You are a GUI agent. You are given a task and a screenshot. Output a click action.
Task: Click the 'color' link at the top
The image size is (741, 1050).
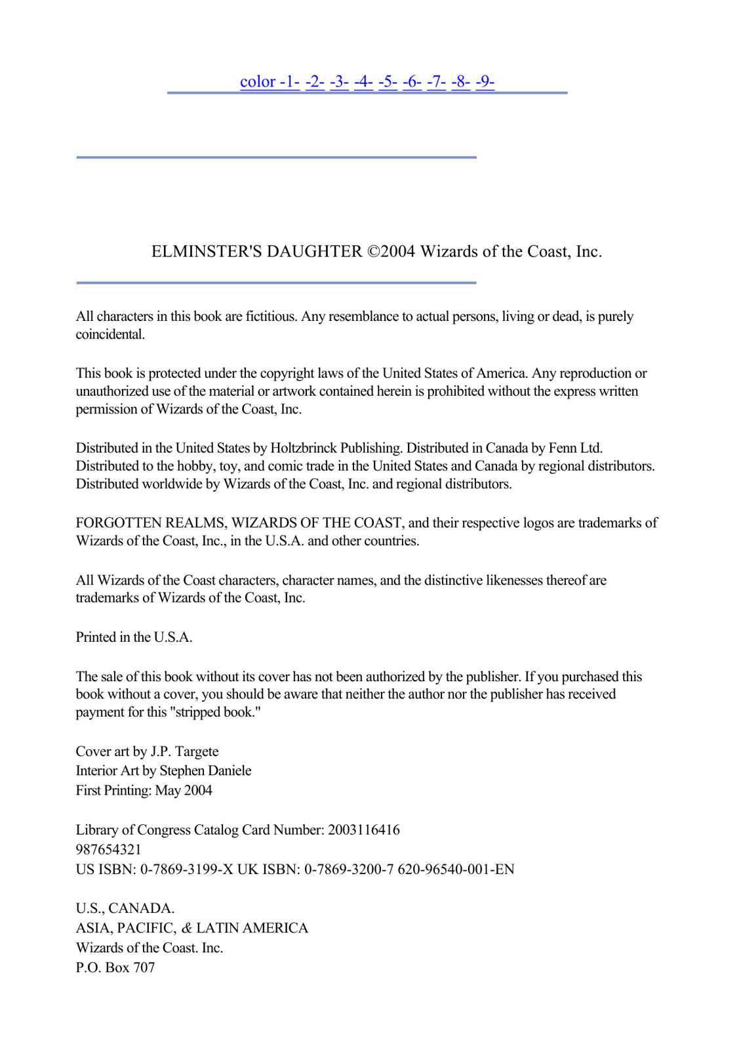(x=258, y=81)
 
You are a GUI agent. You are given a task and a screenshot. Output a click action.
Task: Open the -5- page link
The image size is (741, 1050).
(x=388, y=81)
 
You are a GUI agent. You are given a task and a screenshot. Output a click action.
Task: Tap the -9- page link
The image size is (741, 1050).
(x=485, y=81)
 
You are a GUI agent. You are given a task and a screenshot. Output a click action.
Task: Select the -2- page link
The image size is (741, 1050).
(x=315, y=81)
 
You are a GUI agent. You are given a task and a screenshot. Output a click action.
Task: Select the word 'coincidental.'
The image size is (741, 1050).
(x=110, y=334)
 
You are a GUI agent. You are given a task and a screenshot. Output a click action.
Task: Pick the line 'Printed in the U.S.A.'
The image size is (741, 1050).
(x=134, y=637)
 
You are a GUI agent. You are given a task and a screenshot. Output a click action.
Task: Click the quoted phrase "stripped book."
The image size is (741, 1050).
(x=215, y=712)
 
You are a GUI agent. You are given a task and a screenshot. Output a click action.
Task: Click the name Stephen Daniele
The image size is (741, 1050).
(x=205, y=770)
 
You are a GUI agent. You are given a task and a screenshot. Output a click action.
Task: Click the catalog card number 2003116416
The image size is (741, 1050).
(x=363, y=829)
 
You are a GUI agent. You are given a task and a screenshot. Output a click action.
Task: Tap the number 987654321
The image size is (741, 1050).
(x=108, y=849)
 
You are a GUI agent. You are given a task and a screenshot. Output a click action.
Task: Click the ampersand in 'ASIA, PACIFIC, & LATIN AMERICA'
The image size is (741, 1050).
(x=187, y=928)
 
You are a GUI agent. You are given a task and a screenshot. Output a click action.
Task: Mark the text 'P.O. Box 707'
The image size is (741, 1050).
(x=115, y=967)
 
